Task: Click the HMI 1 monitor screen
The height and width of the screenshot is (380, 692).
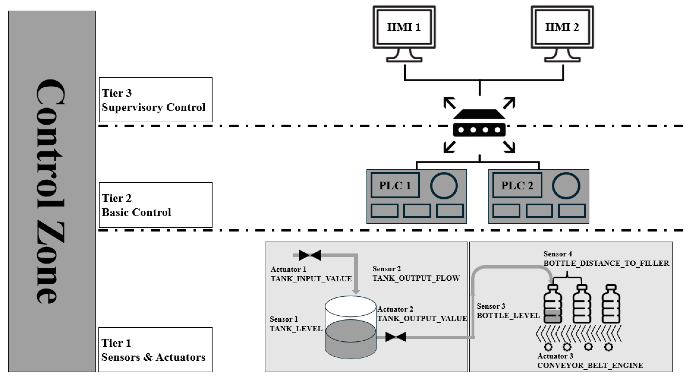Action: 404,27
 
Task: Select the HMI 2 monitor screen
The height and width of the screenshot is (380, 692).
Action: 562,27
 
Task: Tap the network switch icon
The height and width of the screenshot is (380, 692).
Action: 479,125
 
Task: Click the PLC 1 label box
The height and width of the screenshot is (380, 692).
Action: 395,185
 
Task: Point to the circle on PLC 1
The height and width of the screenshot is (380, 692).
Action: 444,186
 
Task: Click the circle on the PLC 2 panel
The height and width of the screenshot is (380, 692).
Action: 566,186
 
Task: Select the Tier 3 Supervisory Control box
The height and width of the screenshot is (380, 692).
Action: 156,100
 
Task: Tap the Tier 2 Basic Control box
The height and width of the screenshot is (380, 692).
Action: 156,205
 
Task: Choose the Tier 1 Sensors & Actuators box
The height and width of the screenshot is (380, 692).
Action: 155,349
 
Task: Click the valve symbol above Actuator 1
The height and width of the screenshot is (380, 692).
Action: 310,255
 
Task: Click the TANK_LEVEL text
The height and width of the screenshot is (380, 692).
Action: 296,329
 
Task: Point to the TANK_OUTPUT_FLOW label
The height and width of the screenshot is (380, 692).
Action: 416,278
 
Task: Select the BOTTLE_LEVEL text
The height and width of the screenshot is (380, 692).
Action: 508,316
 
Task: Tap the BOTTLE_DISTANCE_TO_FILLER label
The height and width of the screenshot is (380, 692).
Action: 606,263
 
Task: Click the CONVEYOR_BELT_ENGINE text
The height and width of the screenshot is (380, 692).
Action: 590,365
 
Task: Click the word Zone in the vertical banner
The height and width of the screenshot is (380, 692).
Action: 50,262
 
